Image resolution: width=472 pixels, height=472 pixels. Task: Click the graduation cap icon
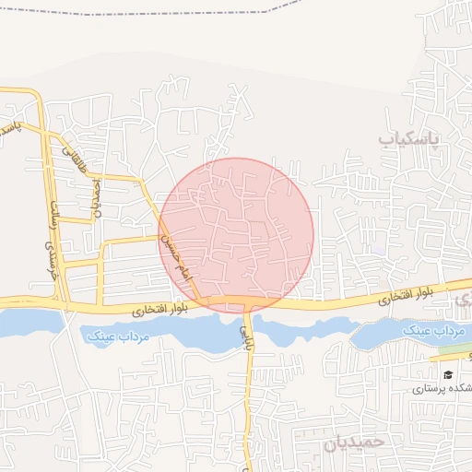(448, 375)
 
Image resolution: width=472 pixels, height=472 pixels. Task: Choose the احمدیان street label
(95, 194)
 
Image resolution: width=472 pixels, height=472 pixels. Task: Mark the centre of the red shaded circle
(237, 235)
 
